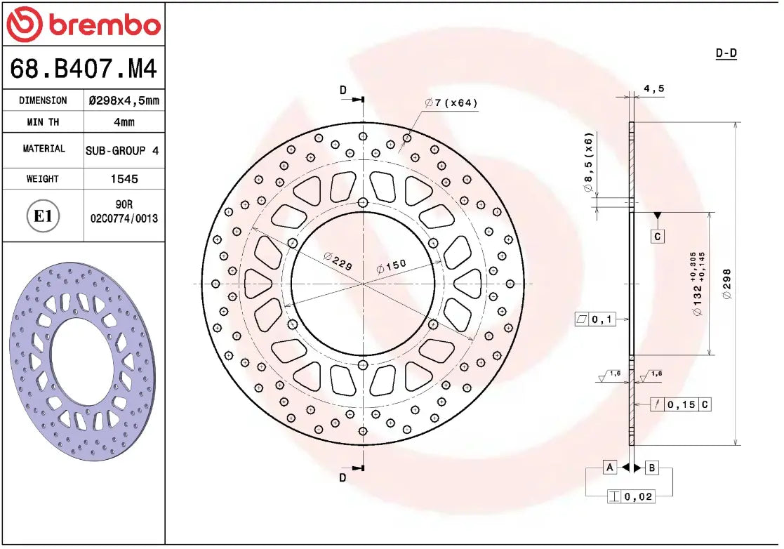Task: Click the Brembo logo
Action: (83, 25)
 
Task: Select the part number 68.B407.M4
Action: (83, 69)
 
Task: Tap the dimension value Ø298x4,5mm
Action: (124, 100)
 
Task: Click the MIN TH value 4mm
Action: (124, 122)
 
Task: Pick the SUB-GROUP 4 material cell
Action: (124, 150)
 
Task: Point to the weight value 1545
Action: (124, 179)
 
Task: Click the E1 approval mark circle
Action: (44, 216)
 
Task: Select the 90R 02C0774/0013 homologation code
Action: (124, 211)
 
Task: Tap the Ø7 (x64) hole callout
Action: (451, 103)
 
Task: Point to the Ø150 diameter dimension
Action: (391, 267)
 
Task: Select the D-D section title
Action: (726, 53)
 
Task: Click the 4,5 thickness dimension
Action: (653, 88)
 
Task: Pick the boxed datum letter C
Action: (657, 237)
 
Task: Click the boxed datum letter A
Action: (609, 468)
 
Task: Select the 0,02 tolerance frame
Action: (630, 496)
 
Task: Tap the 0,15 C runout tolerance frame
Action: (680, 404)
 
